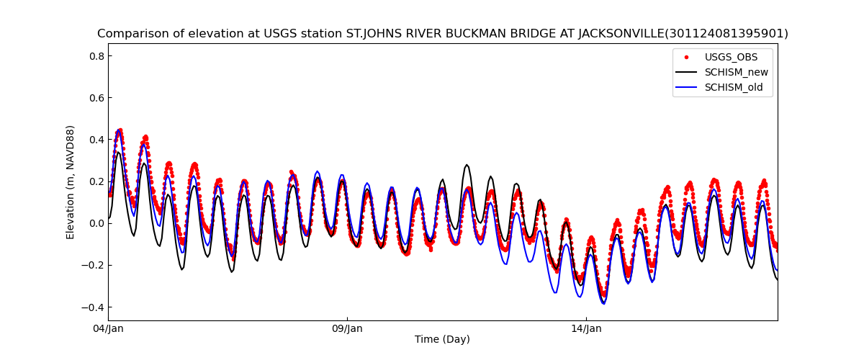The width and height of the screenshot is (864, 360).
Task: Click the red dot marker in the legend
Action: (x=687, y=57)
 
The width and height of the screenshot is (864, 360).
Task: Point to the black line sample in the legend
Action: (x=687, y=72)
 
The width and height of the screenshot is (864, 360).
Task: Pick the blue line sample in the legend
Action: (x=687, y=88)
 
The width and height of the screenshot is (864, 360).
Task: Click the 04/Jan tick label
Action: (x=109, y=329)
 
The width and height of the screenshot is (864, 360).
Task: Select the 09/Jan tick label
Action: (x=347, y=329)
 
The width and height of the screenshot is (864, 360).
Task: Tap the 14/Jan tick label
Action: (x=586, y=329)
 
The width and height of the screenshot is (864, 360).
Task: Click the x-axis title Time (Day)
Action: (x=442, y=340)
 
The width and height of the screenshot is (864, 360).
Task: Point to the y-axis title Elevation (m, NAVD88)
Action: (x=71, y=181)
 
